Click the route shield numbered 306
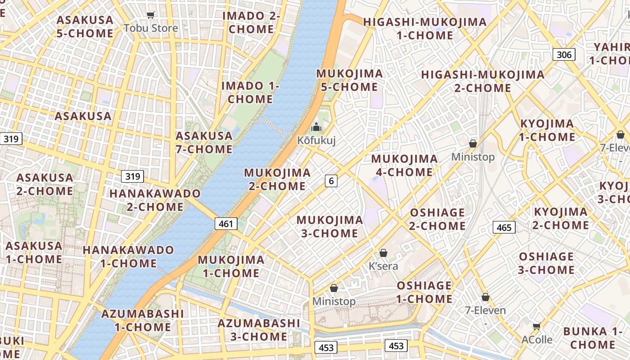coord(564,55)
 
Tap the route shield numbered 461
coord(226,223)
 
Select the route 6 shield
coord(331,181)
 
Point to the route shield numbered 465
coord(504,227)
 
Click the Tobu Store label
coord(151,28)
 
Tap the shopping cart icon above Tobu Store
coord(151,15)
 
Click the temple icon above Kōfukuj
coord(316,127)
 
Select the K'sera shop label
coord(383,266)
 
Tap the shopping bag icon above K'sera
coord(383,253)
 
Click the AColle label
coord(537,339)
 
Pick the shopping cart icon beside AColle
coord(536,326)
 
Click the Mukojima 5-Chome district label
coord(350,80)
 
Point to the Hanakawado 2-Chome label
coord(155,200)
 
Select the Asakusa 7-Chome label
coord(204,142)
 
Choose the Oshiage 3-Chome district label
coord(546,263)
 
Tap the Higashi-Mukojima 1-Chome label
coord(425,28)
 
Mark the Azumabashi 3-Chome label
coord(259,330)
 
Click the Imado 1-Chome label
coord(250,92)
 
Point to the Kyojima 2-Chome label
coord(560,218)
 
